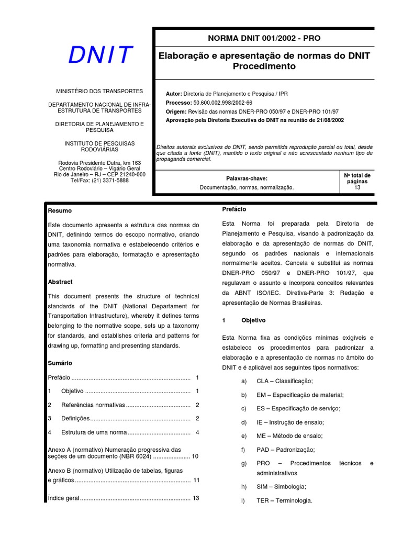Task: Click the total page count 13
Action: tap(358, 187)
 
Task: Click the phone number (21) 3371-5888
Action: tap(110, 181)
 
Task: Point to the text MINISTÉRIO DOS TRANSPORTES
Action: tap(99, 91)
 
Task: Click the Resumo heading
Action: tap(60, 210)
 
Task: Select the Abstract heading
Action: tap(60, 282)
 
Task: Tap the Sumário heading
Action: tap(60, 363)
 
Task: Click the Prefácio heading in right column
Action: tap(234, 209)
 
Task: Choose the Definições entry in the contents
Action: tap(75, 418)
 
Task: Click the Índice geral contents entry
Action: tap(63, 498)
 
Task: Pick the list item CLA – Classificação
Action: tap(284, 381)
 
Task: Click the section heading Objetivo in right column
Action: tap(253, 320)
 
